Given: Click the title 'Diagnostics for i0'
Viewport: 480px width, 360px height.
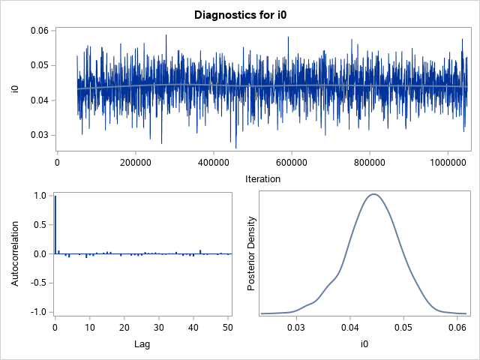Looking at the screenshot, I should tap(240, 14).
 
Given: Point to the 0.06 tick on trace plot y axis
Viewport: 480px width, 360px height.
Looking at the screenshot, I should tap(39, 31).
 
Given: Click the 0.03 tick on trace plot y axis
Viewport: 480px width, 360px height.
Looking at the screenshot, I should tap(39, 135).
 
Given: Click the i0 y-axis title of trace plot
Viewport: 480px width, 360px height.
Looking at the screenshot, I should tap(14, 89).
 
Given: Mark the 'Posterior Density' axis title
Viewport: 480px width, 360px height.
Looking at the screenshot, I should tap(252, 253).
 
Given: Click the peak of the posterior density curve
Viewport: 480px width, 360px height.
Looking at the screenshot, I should tap(373, 194).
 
